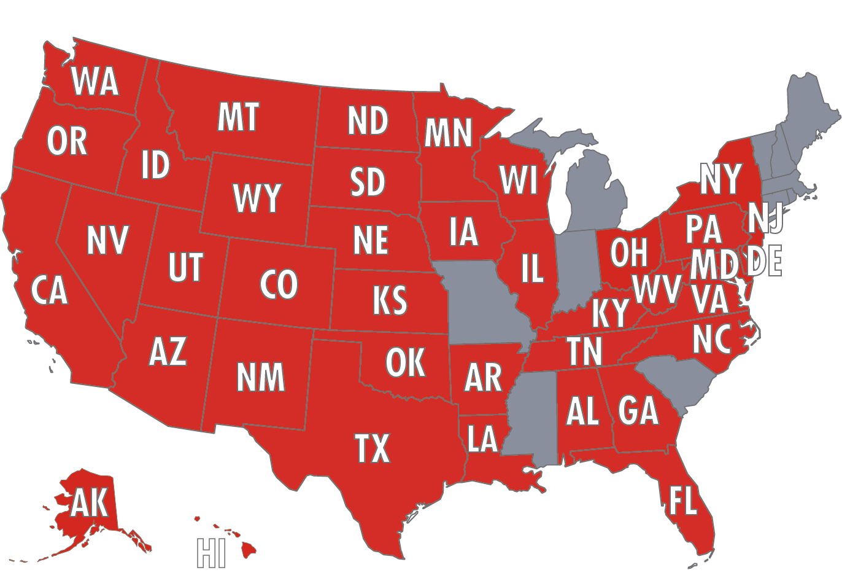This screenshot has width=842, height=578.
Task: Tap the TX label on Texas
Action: [x=373, y=448]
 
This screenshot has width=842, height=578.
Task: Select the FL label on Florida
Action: [x=682, y=501]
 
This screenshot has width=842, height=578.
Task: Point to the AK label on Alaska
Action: [x=90, y=504]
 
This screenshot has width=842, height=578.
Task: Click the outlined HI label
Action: [x=210, y=553]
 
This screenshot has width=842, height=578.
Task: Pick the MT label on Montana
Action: [x=238, y=117]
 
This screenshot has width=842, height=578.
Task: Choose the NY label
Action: [x=720, y=179]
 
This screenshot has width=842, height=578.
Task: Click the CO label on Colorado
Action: [x=279, y=284]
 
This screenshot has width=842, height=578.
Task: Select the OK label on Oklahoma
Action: [x=405, y=362]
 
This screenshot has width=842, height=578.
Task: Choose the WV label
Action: [x=657, y=288]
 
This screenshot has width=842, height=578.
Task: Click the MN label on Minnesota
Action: [x=448, y=133]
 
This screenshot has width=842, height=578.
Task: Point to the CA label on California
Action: [x=49, y=291]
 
